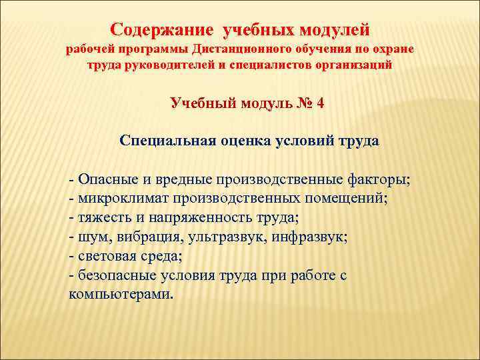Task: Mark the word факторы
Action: pos(379,180)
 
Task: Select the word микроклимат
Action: pos(124,199)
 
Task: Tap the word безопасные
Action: pos(117,275)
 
